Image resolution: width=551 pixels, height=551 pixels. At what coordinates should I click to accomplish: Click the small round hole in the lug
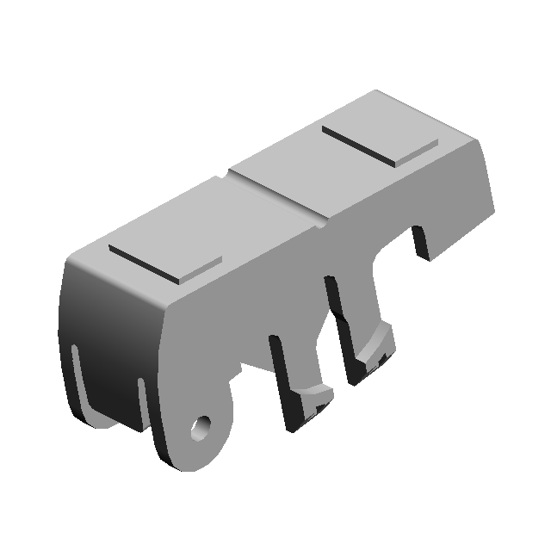coord(202,425)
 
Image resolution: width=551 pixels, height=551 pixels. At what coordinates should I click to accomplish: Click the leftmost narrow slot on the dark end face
coord(77,379)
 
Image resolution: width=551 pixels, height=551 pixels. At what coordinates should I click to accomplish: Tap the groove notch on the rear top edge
coord(226,176)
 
